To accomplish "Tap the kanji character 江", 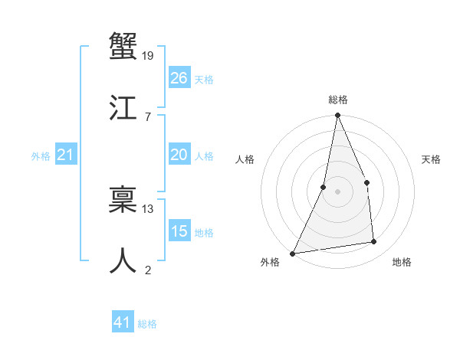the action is tap(123, 107).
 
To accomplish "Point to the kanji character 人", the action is tap(123, 260).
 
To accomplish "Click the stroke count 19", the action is tap(148, 55).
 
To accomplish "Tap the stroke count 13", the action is tap(148, 208).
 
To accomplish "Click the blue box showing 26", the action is tap(179, 78).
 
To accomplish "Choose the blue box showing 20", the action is tap(179, 155).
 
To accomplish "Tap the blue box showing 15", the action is tap(179, 231).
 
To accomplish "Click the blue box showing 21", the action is tap(66, 155).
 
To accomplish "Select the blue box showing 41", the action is tap(123, 322).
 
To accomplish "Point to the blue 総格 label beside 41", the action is tap(147, 324).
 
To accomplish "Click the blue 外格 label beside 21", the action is tap(41, 156).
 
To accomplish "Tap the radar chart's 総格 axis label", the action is tap(337, 100).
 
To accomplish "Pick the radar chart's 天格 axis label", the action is tap(432, 159).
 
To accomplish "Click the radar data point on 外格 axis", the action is tap(292, 253).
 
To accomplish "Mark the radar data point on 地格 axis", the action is tap(374, 242).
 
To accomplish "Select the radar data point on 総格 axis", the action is tap(337, 116).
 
